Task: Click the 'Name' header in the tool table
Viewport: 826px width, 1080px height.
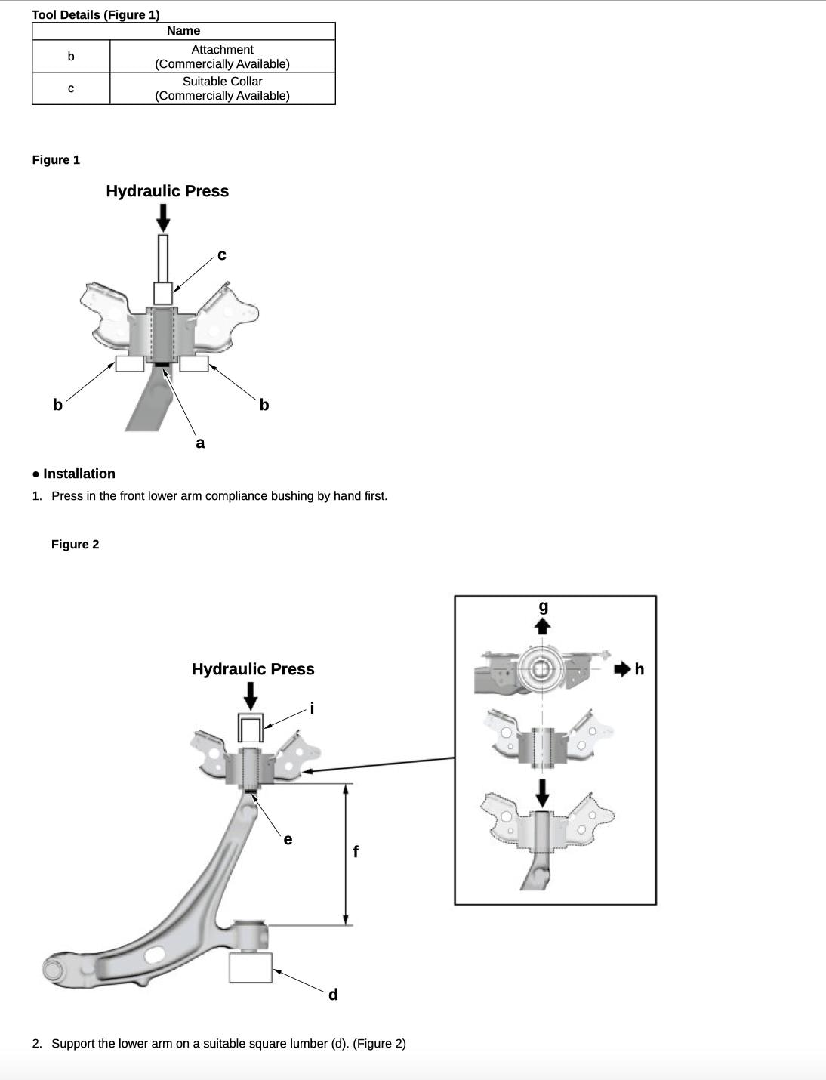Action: point(183,31)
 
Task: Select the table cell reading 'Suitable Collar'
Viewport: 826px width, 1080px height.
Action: point(222,81)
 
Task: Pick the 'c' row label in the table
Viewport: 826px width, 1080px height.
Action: point(71,88)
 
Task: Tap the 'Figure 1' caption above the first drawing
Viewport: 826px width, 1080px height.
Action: point(56,160)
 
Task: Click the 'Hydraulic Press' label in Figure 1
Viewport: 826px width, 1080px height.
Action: point(167,191)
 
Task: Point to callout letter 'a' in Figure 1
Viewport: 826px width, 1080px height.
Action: point(200,443)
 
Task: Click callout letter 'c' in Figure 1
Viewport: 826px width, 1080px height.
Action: point(221,255)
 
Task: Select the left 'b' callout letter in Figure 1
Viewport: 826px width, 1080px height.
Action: point(57,405)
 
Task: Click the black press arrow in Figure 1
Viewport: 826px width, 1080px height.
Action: point(162,218)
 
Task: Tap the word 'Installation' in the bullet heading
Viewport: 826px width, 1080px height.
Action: point(79,474)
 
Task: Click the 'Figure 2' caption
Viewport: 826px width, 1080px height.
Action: point(75,545)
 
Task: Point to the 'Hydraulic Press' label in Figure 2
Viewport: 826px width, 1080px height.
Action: point(253,669)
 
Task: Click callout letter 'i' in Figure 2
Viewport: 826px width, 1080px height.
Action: point(312,708)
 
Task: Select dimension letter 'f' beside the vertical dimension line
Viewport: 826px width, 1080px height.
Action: point(356,852)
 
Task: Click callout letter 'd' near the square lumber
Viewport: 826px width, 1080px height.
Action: point(333,995)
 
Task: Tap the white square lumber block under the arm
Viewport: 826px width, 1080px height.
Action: point(250,967)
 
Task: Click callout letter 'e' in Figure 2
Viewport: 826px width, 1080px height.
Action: point(288,839)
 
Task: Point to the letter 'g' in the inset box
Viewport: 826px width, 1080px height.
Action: point(543,606)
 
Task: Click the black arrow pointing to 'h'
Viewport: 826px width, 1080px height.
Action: point(622,669)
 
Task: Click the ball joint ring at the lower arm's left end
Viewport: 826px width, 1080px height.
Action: point(53,968)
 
